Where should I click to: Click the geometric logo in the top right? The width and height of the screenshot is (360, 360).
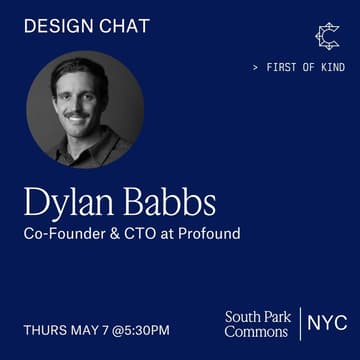point(326,36)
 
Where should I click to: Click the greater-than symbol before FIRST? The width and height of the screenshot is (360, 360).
point(256,68)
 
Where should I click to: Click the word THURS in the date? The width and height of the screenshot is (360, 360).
point(45,329)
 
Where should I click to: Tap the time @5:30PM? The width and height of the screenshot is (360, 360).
point(144,329)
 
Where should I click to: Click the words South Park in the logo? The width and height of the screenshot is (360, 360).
point(258,317)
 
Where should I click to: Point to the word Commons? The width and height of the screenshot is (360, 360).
point(256,332)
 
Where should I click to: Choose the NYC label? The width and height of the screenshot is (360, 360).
point(327,323)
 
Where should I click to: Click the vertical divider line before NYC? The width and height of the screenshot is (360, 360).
point(300,324)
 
